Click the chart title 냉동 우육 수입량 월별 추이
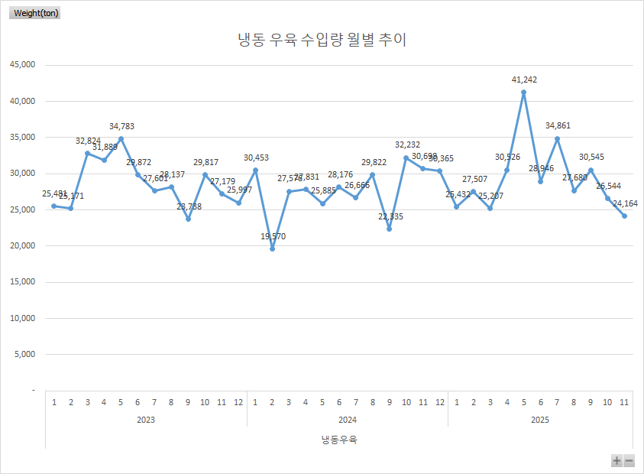(x=322, y=40)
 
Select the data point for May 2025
(x=524, y=93)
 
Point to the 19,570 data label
(x=273, y=236)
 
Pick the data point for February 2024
(x=272, y=248)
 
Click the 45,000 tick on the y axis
(x=22, y=65)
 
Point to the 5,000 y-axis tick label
(x=24, y=354)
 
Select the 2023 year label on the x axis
(x=146, y=420)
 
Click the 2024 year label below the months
(x=347, y=420)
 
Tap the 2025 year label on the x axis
(x=540, y=420)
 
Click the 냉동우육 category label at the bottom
(x=338, y=440)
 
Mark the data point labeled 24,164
(x=624, y=216)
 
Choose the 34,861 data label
(x=558, y=125)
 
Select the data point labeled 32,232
(x=406, y=157)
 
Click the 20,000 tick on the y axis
(x=22, y=245)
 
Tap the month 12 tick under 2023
(x=238, y=401)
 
